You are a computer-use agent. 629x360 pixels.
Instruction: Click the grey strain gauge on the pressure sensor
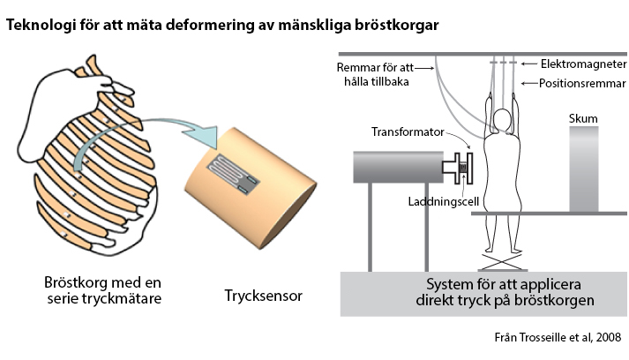coord(236,172)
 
